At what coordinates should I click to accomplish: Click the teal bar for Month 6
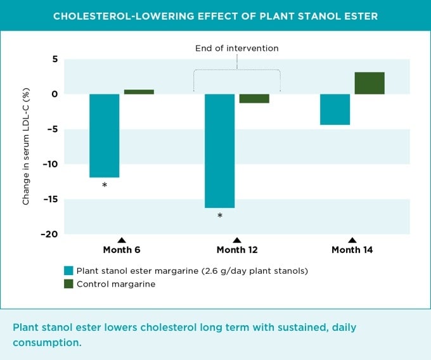104,136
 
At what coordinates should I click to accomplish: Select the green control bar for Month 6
139,92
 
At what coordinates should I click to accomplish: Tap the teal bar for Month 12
219,151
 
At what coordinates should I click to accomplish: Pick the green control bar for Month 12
254,98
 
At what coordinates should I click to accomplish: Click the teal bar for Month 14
335,109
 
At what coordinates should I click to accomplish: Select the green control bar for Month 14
370,83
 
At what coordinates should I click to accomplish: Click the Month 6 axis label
122,250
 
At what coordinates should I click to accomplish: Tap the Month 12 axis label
237,250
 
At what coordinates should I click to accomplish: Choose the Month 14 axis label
352,250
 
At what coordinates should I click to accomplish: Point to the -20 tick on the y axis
49,234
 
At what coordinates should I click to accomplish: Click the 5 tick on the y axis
55,59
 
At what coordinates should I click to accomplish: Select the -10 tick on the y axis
49,164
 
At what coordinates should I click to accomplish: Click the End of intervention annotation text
236,48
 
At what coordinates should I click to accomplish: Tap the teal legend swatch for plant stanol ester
69,271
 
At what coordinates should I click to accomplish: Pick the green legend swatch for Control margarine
69,284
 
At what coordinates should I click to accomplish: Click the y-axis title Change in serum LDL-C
27,147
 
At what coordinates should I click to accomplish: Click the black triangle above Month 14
352,240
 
